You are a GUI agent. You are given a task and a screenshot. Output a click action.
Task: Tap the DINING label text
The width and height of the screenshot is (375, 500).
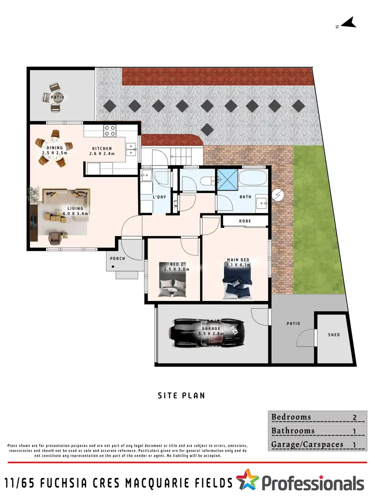[x=54, y=147]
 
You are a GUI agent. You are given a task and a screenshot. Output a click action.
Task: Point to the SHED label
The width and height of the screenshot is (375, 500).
[x=333, y=334]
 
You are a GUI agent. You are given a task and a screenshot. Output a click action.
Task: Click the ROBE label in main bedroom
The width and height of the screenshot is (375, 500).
[x=245, y=220]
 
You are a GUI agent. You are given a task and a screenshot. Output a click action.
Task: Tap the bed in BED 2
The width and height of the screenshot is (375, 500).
[x=172, y=287]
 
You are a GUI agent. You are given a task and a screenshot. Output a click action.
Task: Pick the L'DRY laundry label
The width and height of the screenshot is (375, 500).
[x=159, y=197]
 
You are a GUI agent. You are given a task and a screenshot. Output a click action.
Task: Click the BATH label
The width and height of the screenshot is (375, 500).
[x=245, y=197]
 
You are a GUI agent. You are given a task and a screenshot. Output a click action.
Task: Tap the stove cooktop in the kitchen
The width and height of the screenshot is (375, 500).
[x=109, y=131]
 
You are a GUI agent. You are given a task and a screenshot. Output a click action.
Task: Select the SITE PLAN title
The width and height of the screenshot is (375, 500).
[x=181, y=395]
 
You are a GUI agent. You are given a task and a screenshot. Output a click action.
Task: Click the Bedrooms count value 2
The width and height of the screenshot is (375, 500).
[x=354, y=417]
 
